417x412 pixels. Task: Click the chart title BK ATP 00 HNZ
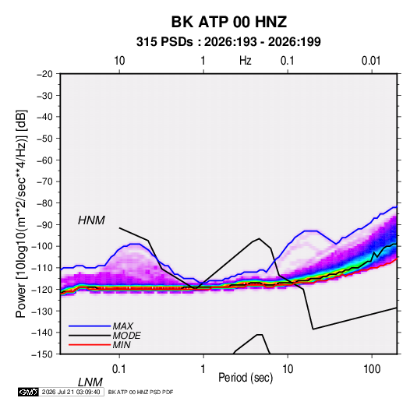[x=229, y=22]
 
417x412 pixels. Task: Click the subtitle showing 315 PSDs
[x=228, y=42]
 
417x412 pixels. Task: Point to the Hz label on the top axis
[x=245, y=61]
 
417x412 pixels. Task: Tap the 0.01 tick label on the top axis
[x=371, y=61]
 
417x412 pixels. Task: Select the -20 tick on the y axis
[x=44, y=74]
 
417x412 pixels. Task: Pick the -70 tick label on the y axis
[x=44, y=181]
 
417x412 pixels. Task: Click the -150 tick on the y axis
[x=42, y=354]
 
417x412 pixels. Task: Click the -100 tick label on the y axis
[x=42, y=246]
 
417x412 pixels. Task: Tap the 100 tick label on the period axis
[x=372, y=369]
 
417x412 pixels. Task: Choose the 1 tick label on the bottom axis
[x=203, y=369]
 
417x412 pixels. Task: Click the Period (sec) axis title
[x=246, y=378]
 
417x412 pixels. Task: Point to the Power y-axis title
[x=21, y=214]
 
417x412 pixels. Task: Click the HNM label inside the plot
[x=91, y=220]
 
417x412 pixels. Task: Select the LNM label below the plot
[x=90, y=382]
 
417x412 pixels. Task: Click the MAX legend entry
[x=122, y=326]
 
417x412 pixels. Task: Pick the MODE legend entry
[x=126, y=336]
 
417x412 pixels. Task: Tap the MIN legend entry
[x=122, y=345]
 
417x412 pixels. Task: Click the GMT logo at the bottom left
[x=28, y=392]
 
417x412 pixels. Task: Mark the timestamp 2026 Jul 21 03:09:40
[x=71, y=392]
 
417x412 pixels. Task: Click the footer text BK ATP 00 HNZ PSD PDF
[x=140, y=392]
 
